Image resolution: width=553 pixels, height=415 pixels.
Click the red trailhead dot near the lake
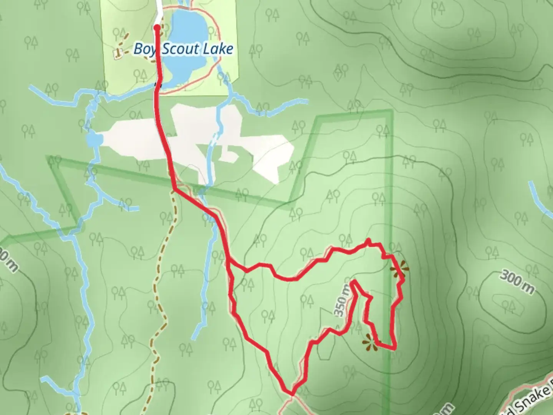157,27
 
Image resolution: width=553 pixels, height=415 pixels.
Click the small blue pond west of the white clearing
92,141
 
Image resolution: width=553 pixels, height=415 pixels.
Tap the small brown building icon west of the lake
118,53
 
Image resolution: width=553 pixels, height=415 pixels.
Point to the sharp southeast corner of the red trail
395,348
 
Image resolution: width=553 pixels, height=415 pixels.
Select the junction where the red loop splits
229,261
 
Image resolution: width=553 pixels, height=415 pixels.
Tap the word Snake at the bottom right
529,400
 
